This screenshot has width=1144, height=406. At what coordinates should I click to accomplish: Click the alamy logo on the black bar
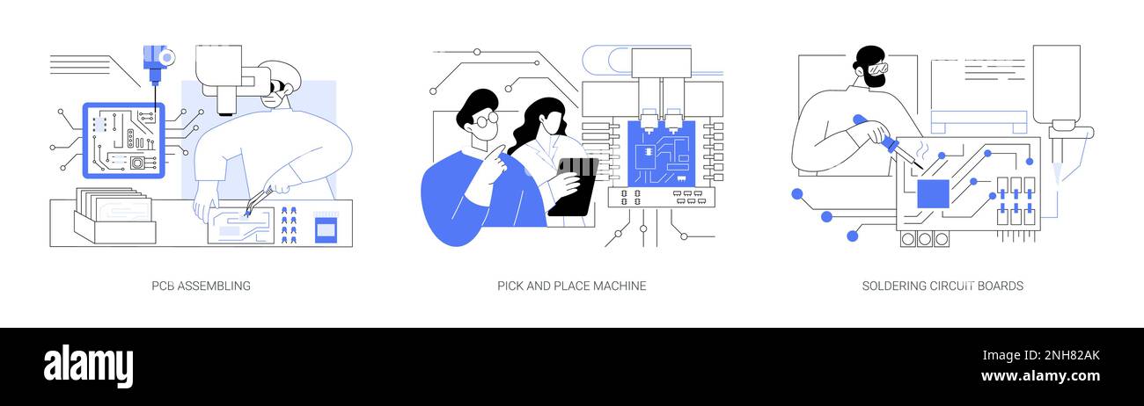[88, 366]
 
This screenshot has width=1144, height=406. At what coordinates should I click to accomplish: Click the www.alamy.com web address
[1040, 377]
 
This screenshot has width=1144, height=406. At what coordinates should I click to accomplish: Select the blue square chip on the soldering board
[933, 193]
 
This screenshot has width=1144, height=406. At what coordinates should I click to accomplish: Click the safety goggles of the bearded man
[876, 69]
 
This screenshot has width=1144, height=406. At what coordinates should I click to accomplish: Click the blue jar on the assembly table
[325, 229]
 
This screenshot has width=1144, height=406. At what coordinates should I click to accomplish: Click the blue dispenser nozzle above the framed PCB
[155, 62]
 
